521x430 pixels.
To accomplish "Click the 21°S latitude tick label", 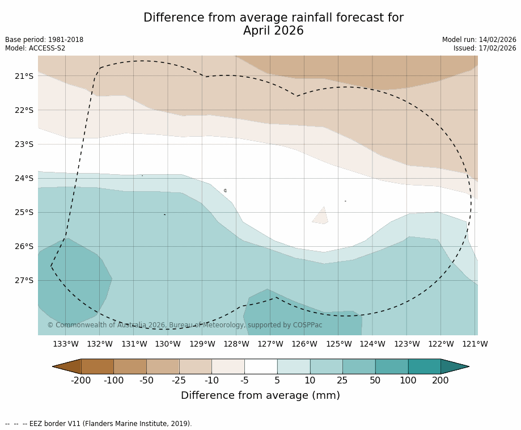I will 24,76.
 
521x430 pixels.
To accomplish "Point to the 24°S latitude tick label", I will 24,178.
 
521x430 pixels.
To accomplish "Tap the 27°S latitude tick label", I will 24,280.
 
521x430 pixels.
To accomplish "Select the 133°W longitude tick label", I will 66,344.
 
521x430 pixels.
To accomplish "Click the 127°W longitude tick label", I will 270,344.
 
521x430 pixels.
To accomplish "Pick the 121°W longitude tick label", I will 475,344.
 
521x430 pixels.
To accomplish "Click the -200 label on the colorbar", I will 81,381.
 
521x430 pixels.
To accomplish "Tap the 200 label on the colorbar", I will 440,381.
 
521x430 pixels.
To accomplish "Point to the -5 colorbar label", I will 244,381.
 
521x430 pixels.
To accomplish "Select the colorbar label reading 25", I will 342,381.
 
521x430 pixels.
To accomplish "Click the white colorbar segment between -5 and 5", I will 261,366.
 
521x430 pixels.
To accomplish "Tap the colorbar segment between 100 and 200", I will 424,366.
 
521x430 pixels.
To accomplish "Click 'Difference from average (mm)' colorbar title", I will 260,396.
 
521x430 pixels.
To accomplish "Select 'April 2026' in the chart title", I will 273,31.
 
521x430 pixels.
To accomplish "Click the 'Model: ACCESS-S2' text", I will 35,48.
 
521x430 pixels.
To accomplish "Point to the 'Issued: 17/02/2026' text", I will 485,48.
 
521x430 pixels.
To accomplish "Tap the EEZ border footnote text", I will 99,424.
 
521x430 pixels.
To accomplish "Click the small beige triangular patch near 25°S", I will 321,217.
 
